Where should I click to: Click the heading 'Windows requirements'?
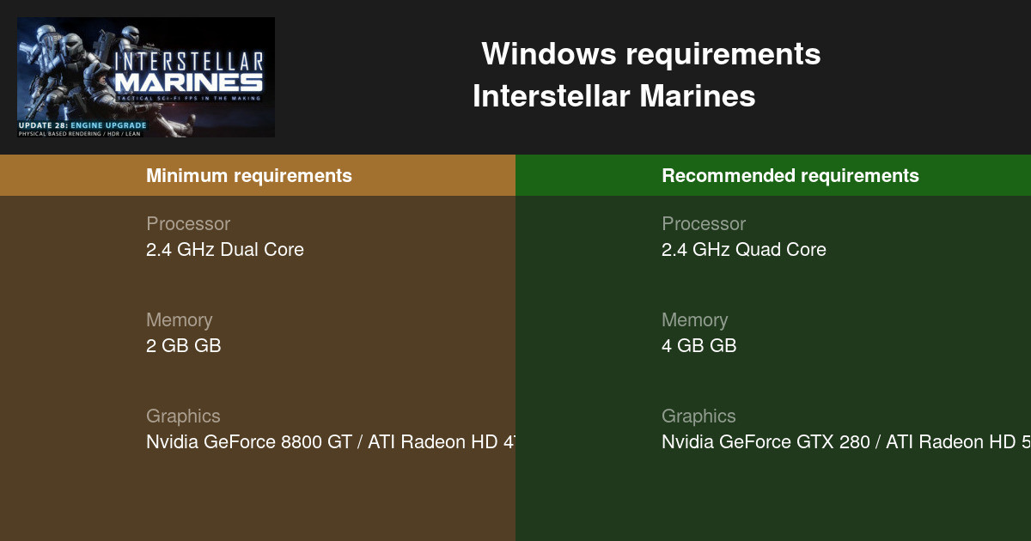pyautogui.click(x=650, y=54)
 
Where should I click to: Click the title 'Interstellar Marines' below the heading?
pyautogui.click(x=613, y=96)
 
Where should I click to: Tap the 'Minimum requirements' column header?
pyautogui.click(x=248, y=176)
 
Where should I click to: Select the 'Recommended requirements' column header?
pyautogui.click(x=790, y=176)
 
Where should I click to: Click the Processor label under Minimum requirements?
pyautogui.click(x=188, y=224)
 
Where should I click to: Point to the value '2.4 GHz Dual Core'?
pyautogui.click(x=224, y=250)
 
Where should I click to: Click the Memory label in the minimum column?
pyautogui.click(x=179, y=320)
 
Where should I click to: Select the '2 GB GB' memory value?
pyautogui.click(x=183, y=346)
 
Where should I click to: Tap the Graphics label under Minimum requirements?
pyautogui.click(x=183, y=416)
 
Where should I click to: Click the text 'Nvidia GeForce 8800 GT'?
pyautogui.click(x=249, y=442)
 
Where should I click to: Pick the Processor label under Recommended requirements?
pyautogui.click(x=704, y=224)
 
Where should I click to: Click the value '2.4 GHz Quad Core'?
pyautogui.click(x=743, y=250)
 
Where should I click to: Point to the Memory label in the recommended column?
pyautogui.click(x=694, y=320)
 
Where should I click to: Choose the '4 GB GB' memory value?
pyautogui.click(x=699, y=346)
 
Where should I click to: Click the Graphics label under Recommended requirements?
pyautogui.click(x=699, y=416)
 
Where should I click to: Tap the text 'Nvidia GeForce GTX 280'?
pyautogui.click(x=769, y=442)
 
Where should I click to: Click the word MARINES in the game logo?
pyautogui.click(x=188, y=82)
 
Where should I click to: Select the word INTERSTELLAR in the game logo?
pyautogui.click(x=188, y=63)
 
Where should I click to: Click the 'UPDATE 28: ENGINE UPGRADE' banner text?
pyautogui.click(x=82, y=125)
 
